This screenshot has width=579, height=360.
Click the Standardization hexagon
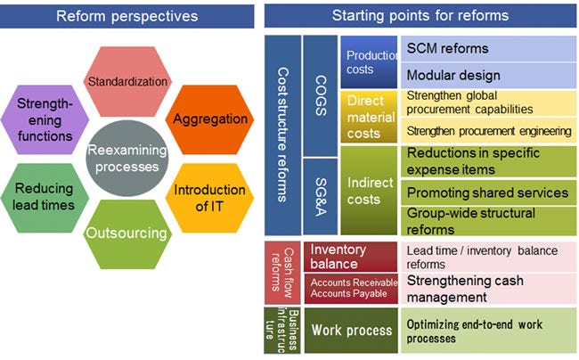[x=127, y=82]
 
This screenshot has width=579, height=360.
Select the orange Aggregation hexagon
[x=198, y=119]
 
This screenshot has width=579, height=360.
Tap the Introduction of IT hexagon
[x=197, y=197]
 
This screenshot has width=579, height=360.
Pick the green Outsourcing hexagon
[x=126, y=234]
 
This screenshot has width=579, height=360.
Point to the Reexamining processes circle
[x=124, y=158]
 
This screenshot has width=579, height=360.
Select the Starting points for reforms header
[x=420, y=15]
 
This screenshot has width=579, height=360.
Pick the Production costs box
[x=368, y=63]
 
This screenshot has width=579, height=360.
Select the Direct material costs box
[x=368, y=117]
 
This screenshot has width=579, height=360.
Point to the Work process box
[x=351, y=331]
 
